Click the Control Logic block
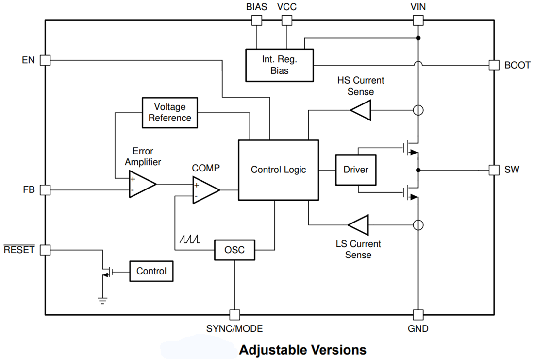point(278,170)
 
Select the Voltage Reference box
point(170,112)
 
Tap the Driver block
point(356,170)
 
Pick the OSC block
point(234,250)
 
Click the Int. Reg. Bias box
point(279,65)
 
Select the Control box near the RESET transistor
point(151,271)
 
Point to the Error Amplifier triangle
point(141,184)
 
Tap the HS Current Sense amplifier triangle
point(361,110)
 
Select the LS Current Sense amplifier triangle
point(359,225)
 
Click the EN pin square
point(45,60)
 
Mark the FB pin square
point(45,190)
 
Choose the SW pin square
point(494,170)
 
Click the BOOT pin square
point(494,65)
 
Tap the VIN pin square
point(418,20)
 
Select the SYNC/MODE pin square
point(234,314)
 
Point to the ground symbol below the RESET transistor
point(102,300)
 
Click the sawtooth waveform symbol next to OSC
point(188,240)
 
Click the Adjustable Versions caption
point(302,350)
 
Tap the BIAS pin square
point(256,20)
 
